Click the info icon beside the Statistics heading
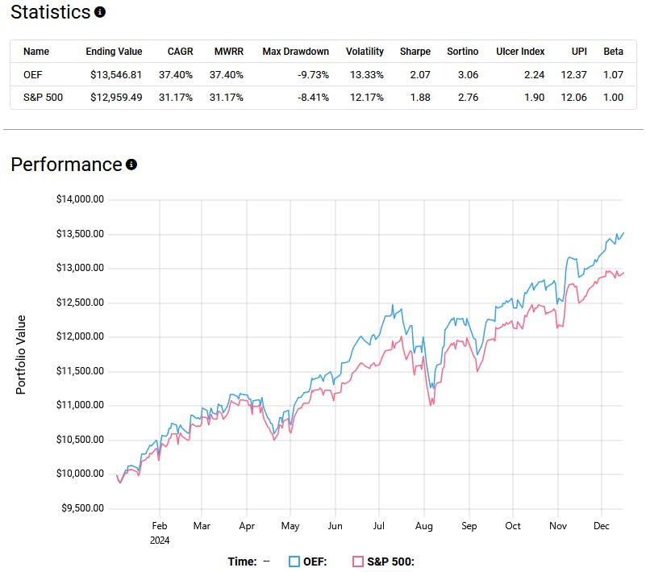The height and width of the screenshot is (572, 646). pos(100,13)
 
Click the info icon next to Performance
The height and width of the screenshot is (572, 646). pos(131,165)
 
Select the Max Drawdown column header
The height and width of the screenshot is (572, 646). pos(295,52)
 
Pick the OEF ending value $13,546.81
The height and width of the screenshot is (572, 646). pos(114,74)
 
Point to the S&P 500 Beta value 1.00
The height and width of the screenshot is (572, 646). pos(614,98)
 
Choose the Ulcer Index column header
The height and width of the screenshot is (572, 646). pos(521,52)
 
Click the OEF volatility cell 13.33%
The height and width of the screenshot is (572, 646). pos(365,74)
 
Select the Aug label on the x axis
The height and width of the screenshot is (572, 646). pos(423,525)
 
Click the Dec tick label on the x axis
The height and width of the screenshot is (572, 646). pos(600,525)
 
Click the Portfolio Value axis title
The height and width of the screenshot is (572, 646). pos(22,354)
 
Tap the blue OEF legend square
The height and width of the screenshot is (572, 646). pos(294,562)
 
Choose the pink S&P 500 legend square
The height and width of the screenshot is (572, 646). pos(358,562)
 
